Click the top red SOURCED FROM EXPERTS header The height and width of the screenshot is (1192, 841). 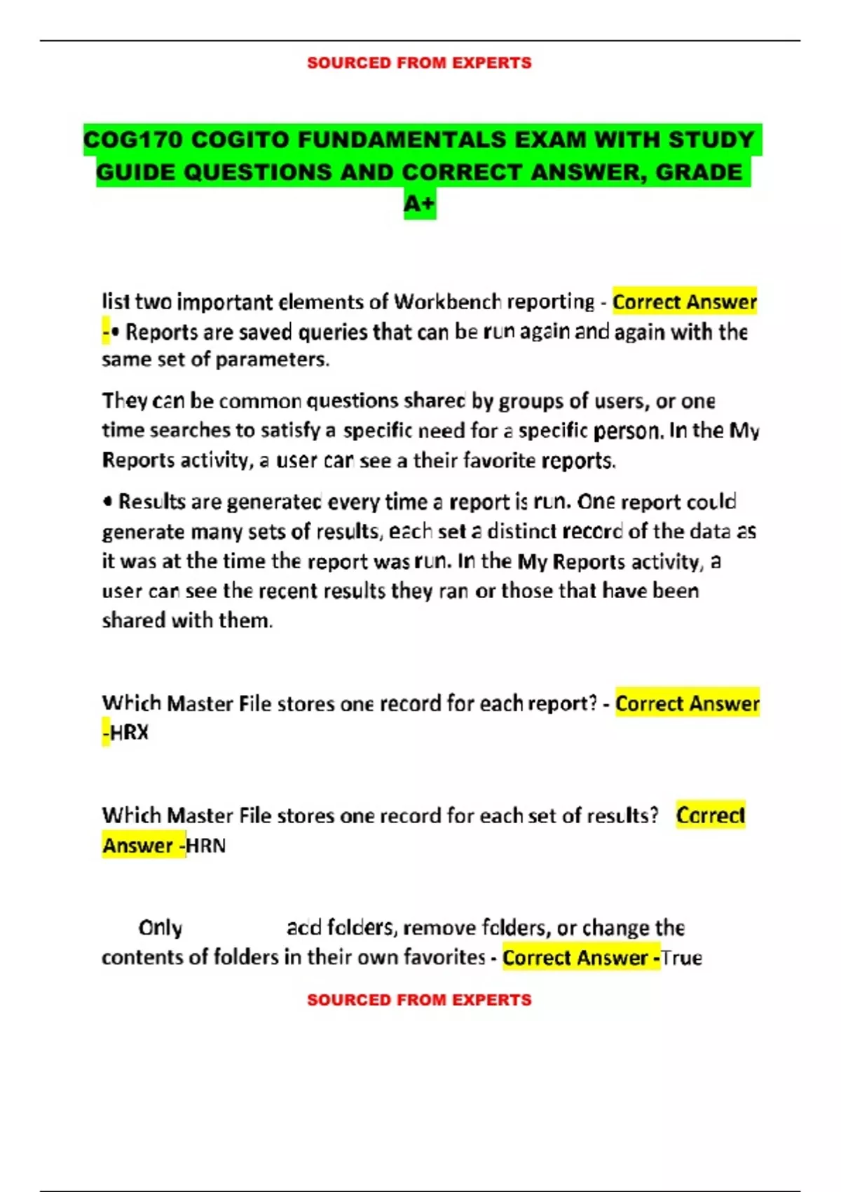[419, 63]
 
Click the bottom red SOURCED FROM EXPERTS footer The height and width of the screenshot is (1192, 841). [419, 1000]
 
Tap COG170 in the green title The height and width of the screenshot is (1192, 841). [132, 140]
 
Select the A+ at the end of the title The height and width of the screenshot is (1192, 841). [420, 204]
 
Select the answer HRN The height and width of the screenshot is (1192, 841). [206, 846]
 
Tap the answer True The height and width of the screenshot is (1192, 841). [681, 958]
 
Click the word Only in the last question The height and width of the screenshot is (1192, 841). [160, 928]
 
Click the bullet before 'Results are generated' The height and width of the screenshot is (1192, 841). [107, 502]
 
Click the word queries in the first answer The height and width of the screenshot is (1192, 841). [333, 332]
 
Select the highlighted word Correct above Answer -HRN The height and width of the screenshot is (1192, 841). [710, 815]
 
